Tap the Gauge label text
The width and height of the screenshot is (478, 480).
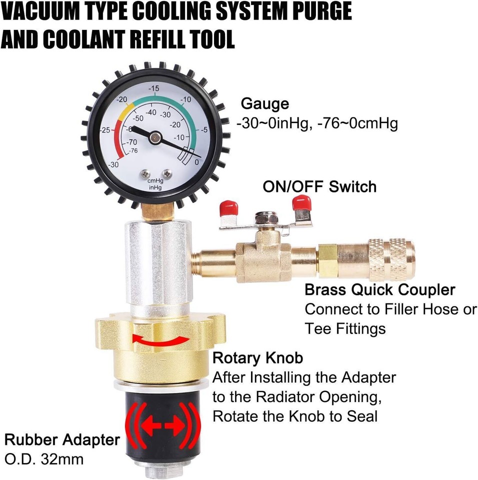(265, 104)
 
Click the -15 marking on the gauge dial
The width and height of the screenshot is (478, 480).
(154, 88)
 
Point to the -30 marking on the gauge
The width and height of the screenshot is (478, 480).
(114, 164)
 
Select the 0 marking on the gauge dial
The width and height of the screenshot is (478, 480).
(196, 162)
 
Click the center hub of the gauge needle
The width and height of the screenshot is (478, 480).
(155, 135)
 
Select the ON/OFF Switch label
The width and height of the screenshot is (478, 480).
(319, 186)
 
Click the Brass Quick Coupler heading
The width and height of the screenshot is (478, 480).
(380, 289)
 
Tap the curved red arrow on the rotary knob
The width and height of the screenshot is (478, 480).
(160, 339)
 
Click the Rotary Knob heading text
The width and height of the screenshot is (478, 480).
(257, 358)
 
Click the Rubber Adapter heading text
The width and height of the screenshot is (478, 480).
(62, 440)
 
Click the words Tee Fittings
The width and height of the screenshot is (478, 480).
(345, 328)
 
